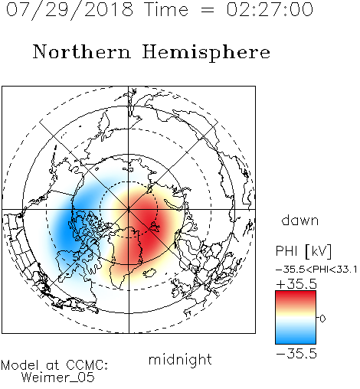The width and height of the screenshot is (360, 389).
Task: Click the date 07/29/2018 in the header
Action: click(x=70, y=10)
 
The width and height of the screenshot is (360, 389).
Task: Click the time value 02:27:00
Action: click(x=270, y=9)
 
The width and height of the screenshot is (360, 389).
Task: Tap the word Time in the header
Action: click(x=166, y=9)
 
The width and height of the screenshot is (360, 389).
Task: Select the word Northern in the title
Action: click(x=82, y=52)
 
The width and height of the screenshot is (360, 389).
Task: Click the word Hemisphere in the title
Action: click(x=206, y=53)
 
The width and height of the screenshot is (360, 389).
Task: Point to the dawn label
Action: click(x=299, y=220)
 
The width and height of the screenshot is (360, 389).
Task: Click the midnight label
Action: click(x=180, y=359)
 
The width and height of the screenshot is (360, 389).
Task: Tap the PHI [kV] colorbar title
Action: click(x=303, y=251)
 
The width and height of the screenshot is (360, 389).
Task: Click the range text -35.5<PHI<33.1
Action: click(x=316, y=270)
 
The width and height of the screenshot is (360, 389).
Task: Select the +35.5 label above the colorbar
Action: click(x=296, y=284)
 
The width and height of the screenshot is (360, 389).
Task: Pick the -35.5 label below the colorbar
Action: click(x=296, y=354)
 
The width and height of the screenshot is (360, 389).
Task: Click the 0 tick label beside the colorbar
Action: click(x=322, y=319)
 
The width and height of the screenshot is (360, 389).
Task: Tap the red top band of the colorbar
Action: click(x=296, y=296)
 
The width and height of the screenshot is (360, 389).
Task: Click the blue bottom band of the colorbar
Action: click(x=296, y=338)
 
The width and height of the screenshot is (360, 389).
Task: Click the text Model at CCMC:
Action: click(x=54, y=365)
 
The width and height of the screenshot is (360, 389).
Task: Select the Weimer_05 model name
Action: click(x=58, y=378)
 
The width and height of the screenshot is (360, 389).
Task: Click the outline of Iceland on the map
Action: click(x=150, y=273)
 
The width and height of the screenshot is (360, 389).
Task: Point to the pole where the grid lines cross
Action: click(x=129, y=209)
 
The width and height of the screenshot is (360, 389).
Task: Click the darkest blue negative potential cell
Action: click(x=66, y=230)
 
